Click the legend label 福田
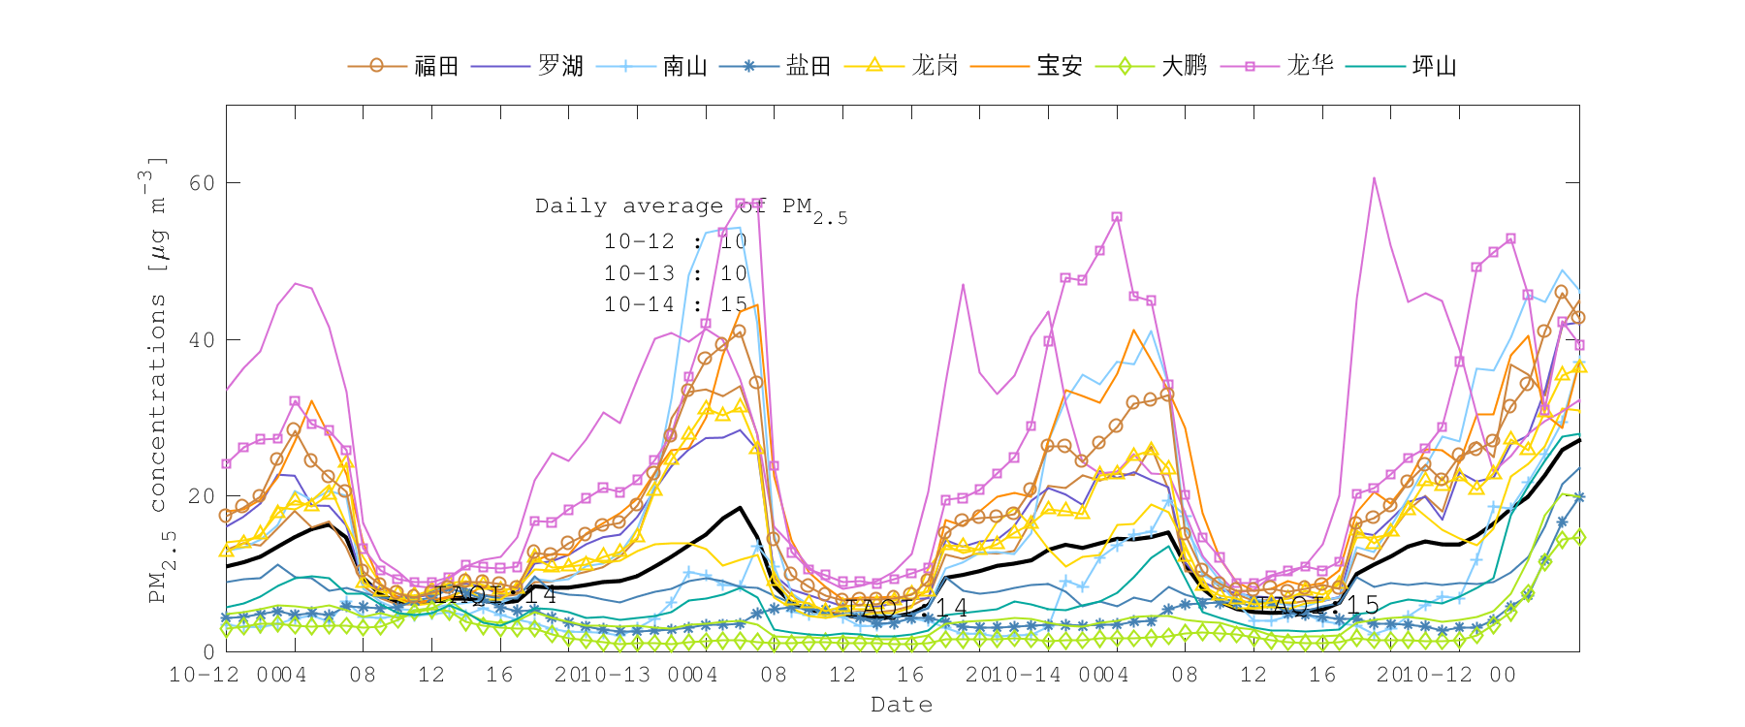pos(436,66)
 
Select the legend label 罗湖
pos(560,66)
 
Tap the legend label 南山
pos(685,66)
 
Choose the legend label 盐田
pos(809,66)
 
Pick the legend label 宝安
pos(1060,66)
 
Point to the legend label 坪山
pos(1435,66)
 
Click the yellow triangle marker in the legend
pos(873,65)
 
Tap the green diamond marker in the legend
pos(1125,66)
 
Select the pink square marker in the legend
pos(1250,66)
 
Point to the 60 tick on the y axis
pos(202,183)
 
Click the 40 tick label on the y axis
pos(202,340)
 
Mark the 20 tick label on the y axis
pos(202,496)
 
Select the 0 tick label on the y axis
pos(208,652)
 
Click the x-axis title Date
pos(902,705)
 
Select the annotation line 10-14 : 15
pos(676,304)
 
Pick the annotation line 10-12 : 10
pos(676,241)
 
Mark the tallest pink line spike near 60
pos(1374,178)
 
